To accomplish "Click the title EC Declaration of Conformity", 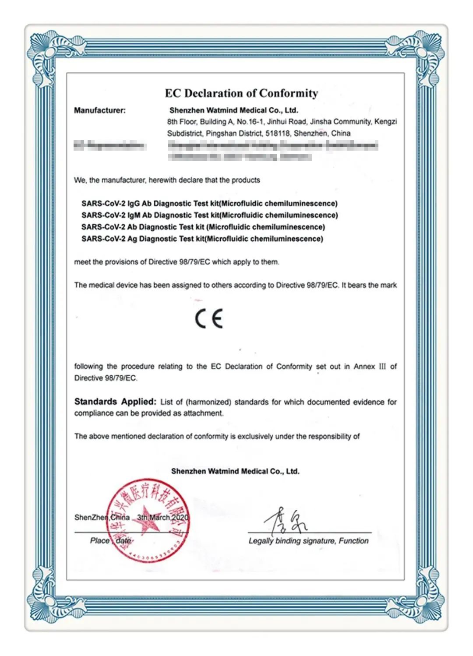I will pos(241,93).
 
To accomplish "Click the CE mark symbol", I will pos(209,318).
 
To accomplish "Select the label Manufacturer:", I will pos(100,110).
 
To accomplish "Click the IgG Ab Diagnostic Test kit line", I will pos(209,204).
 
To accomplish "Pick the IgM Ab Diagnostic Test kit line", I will pos(209,215).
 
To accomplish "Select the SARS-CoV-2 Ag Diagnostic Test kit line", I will pos(202,239).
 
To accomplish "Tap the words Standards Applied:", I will pos(115,402).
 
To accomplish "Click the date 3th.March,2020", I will pos(163,517).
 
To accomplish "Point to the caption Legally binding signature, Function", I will pos(308,541).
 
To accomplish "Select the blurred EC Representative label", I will pos(109,146).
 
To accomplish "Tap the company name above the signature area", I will pos(235,471).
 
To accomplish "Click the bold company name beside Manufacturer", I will pos(233,110).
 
